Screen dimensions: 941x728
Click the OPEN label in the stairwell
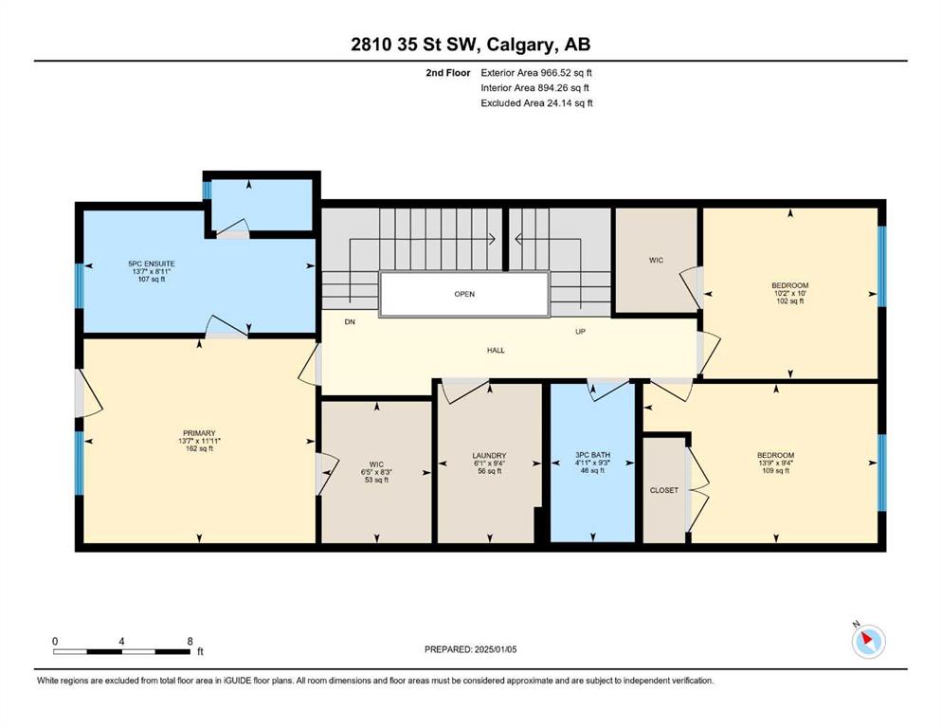[x=464, y=294]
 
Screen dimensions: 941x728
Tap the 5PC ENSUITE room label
[x=152, y=264]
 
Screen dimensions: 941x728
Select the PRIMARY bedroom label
[x=199, y=433]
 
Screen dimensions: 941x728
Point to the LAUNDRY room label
[x=490, y=456]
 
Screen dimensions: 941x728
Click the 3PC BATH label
[x=592, y=456]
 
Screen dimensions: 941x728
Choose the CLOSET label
[x=664, y=490]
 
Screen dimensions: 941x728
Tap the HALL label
[x=496, y=351]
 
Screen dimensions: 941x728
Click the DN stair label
[x=350, y=322]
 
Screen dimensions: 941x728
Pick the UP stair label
[x=580, y=331]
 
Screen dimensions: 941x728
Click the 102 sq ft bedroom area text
[x=790, y=301]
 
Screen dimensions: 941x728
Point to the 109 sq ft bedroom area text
[x=775, y=471]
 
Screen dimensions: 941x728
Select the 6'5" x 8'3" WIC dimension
[x=376, y=472]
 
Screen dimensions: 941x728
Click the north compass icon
[x=868, y=641]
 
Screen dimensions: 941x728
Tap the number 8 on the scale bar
[x=190, y=641]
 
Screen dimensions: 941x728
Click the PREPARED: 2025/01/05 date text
[x=470, y=649]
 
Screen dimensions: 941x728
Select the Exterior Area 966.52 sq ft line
[x=536, y=73]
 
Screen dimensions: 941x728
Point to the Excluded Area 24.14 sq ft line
[x=536, y=103]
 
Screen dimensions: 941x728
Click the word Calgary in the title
[x=520, y=45]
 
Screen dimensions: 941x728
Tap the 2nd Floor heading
[x=448, y=73]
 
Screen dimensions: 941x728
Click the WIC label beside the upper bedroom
[x=656, y=261]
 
